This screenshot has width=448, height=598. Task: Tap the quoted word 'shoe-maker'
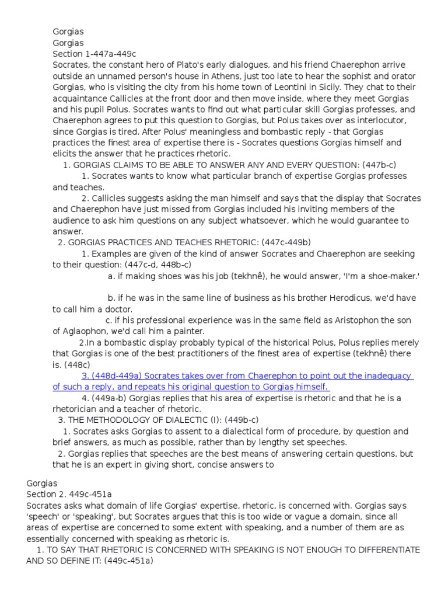pos(393,276)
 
